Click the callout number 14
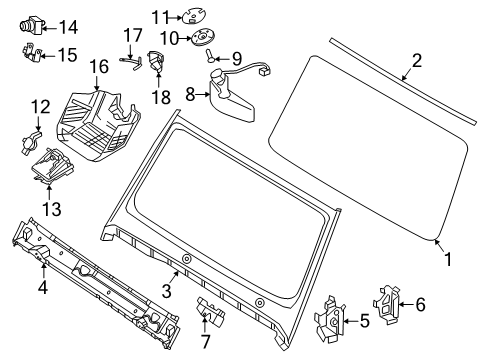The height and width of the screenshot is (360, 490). [69, 27]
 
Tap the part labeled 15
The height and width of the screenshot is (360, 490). [32, 53]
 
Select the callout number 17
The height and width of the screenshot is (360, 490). [133, 35]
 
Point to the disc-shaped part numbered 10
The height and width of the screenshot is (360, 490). [202, 37]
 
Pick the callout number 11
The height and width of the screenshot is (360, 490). [161, 17]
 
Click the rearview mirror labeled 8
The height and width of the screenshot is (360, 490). [232, 93]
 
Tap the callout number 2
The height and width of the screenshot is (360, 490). [416, 61]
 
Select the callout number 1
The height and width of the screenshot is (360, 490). [448, 259]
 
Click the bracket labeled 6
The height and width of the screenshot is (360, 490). [385, 305]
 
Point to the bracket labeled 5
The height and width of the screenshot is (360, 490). [329, 319]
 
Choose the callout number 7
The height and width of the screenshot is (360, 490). [205, 341]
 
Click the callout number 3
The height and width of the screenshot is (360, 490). [166, 291]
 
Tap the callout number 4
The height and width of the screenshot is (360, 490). [43, 287]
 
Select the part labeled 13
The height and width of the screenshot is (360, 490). [51, 164]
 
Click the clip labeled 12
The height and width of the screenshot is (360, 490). [31, 143]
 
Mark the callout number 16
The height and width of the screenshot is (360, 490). [99, 67]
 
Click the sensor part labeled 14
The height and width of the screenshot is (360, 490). [33, 25]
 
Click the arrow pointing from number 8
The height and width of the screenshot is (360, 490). [202, 95]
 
